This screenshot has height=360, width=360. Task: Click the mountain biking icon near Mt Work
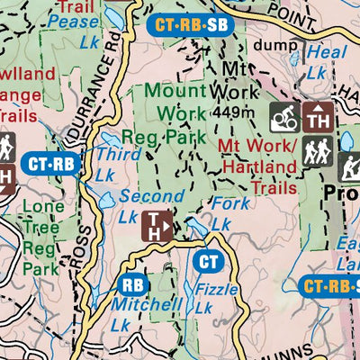pyautogui.click(x=285, y=116)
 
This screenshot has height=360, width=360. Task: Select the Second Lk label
pyautogui.click(x=141, y=205)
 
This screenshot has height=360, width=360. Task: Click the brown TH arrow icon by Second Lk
pyautogui.click(x=159, y=226)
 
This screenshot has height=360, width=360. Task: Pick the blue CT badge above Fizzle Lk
pyautogui.click(x=209, y=262)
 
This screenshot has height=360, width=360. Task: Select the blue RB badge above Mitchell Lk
pyautogui.click(x=132, y=284)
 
